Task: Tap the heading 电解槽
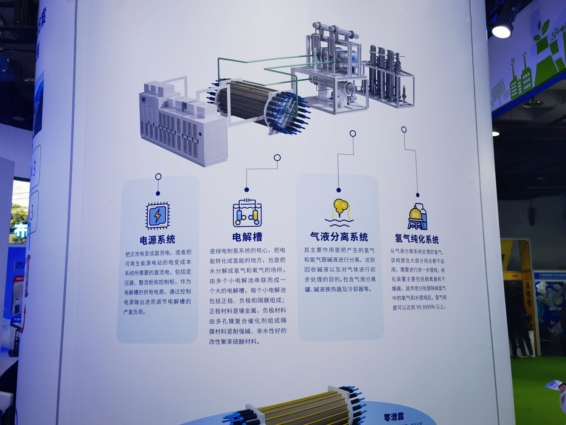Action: click(x=247, y=237)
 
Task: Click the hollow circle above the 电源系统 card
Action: click(x=158, y=177)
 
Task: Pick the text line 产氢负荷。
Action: click(x=135, y=312)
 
